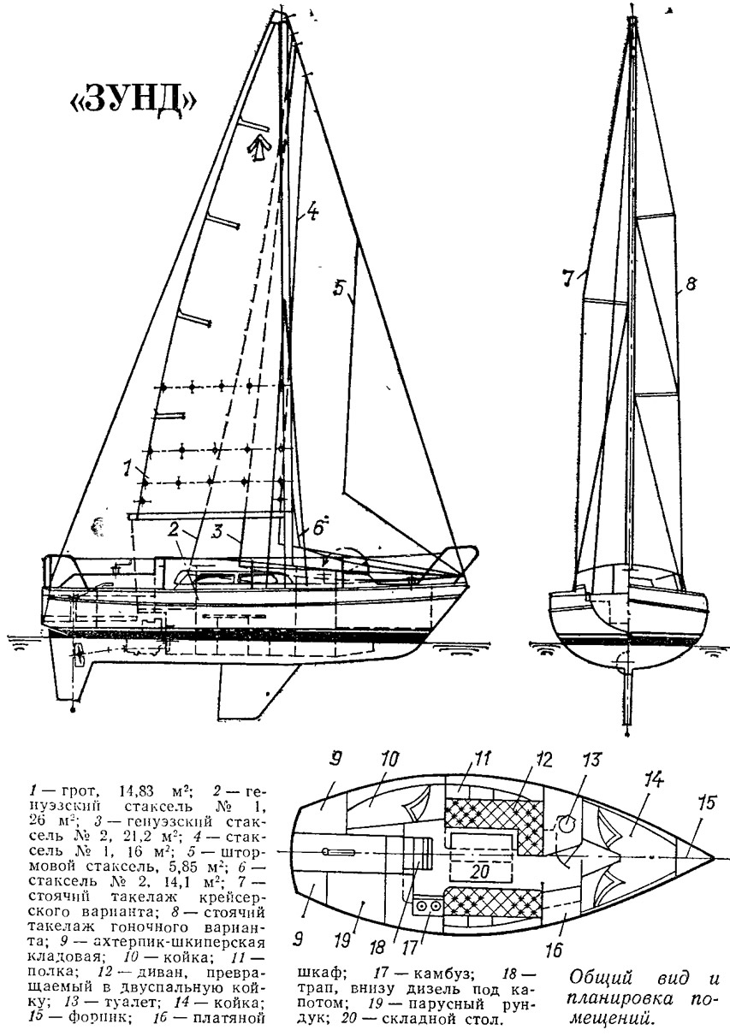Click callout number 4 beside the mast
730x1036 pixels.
312,212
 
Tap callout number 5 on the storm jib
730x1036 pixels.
339,288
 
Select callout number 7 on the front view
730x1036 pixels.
568,278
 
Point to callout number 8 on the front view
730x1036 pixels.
690,285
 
